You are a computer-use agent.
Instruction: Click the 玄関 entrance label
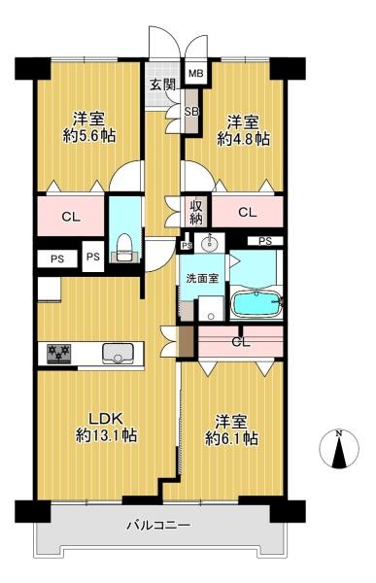[x=162, y=86]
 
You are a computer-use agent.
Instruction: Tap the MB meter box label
[x=195, y=73]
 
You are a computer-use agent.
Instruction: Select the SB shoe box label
[x=192, y=111]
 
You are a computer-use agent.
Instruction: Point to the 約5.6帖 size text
[x=89, y=136]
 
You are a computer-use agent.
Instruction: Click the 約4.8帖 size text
[x=244, y=139]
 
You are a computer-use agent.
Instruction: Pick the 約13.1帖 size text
[x=106, y=435]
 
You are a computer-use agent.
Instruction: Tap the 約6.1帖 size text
[x=231, y=439]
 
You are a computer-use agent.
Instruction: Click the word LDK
[x=105, y=419]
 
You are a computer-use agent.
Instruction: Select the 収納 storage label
[x=196, y=212]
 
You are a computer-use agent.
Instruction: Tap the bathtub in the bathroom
[x=256, y=304]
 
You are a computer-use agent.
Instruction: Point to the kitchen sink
[x=118, y=354]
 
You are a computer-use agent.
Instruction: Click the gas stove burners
[x=58, y=354]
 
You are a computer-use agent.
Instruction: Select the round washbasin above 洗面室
[x=209, y=243]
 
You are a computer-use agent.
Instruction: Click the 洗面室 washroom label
[x=202, y=279]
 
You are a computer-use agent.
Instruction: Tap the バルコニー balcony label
[x=159, y=526]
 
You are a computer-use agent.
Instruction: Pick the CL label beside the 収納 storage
[x=248, y=212]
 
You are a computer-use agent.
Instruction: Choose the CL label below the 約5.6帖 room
[x=71, y=217]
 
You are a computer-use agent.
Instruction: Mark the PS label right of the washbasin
[x=265, y=241]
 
